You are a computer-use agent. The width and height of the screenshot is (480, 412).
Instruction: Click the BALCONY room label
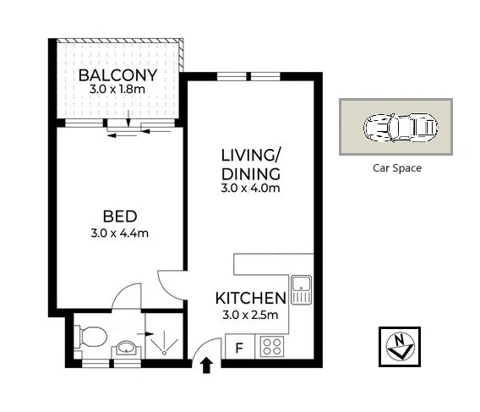tap(117, 75)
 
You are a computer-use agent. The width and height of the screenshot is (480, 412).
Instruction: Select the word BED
tap(118, 217)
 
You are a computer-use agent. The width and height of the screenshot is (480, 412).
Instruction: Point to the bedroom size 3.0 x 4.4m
tap(118, 233)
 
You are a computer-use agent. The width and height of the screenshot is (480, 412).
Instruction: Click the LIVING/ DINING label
tap(250, 164)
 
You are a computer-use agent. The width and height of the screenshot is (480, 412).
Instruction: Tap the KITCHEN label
tap(249, 298)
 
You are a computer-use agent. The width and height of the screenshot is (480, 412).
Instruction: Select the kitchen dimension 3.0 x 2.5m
tap(249, 315)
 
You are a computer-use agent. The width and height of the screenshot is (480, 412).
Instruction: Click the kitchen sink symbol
tap(301, 290)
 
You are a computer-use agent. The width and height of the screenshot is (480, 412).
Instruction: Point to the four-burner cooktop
tap(272, 346)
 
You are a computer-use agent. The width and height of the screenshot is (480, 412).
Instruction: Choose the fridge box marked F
tap(239, 347)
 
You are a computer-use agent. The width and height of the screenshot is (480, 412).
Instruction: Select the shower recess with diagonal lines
tap(162, 339)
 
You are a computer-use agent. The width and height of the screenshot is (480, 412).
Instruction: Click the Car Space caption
tap(396, 168)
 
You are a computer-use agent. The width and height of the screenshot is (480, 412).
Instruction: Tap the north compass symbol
tap(400, 346)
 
